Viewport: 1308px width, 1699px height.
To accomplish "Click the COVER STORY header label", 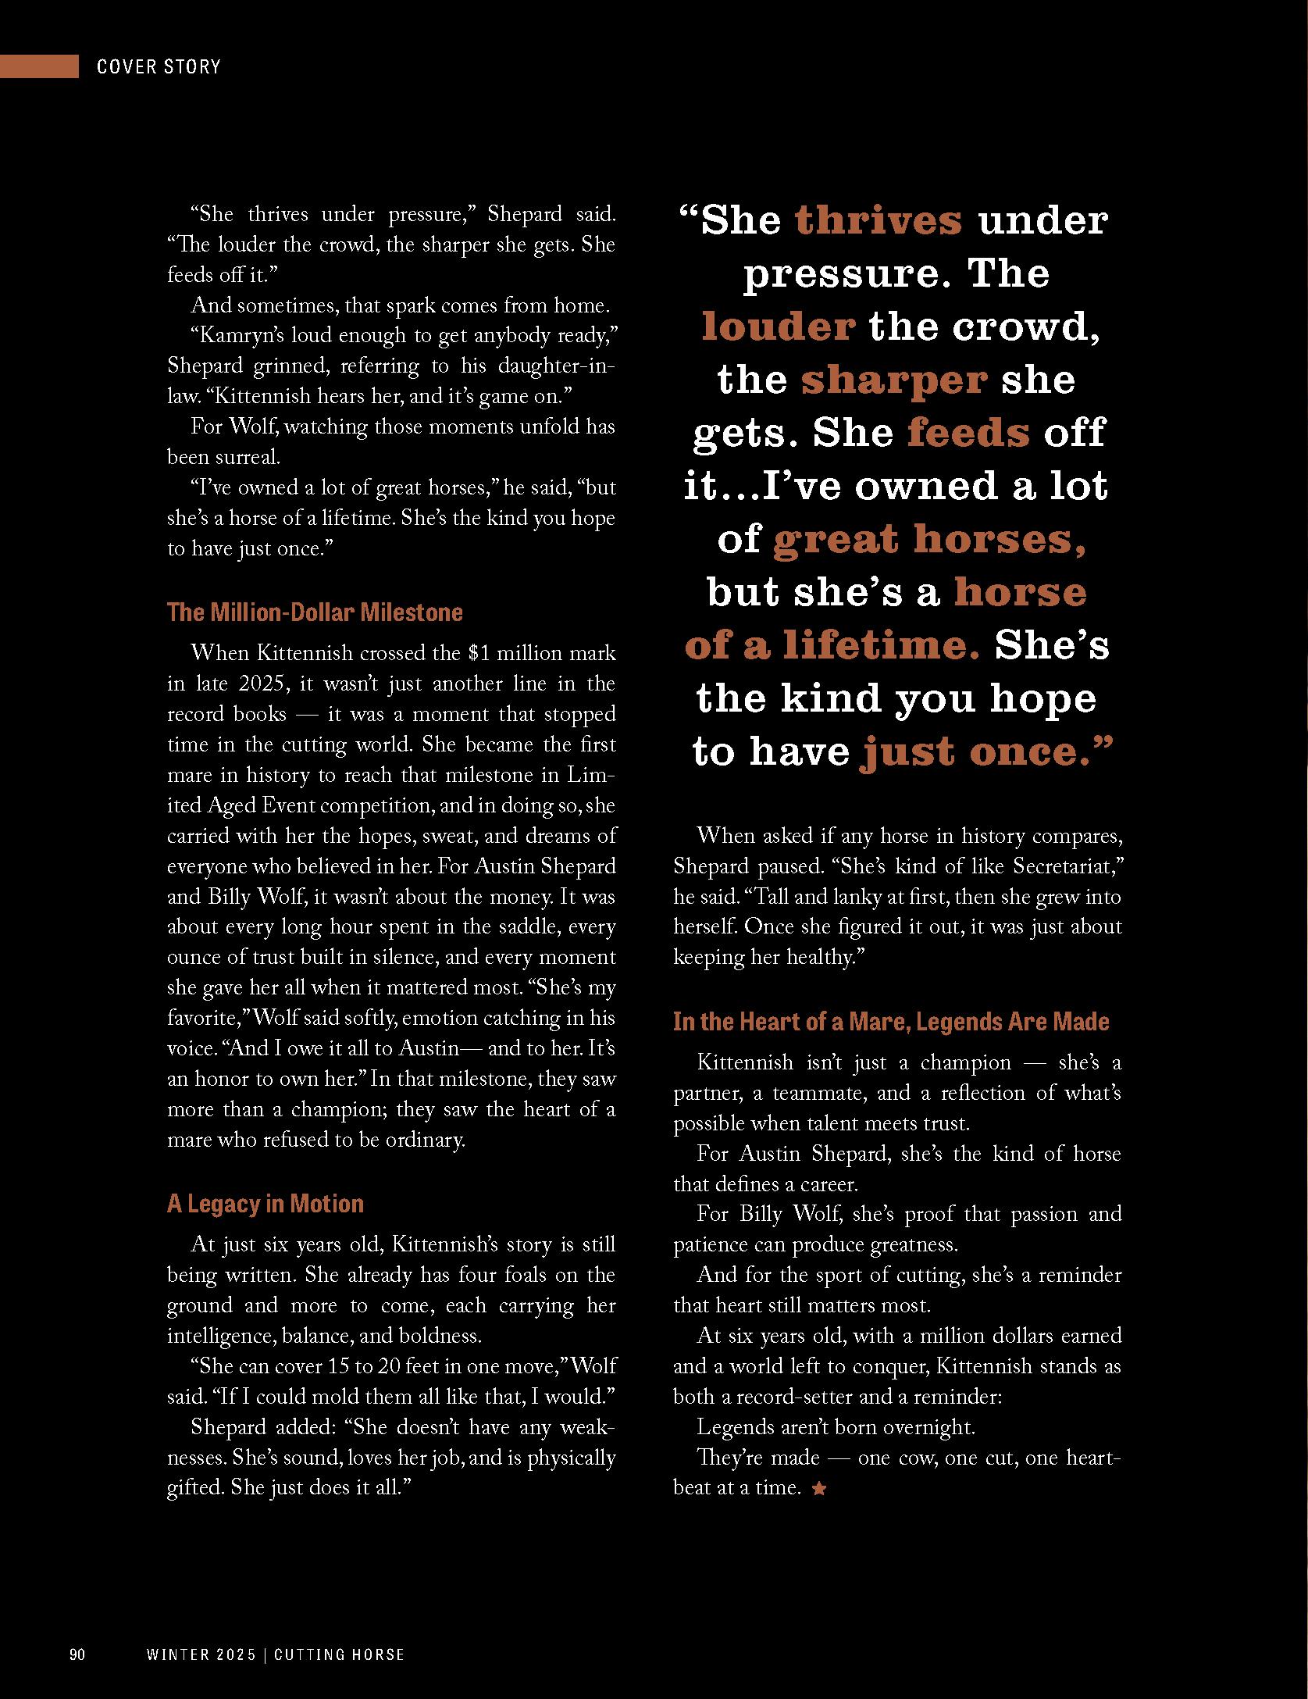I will click(159, 66).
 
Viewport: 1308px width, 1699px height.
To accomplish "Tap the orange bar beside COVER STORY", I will click(39, 66).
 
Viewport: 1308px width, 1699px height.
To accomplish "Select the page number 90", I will click(77, 1654).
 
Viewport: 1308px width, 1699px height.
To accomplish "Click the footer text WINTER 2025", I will click(201, 1654).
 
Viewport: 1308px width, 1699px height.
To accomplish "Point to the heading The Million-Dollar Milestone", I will click(315, 612).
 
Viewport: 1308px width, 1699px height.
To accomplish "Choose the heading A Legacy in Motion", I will click(266, 1204).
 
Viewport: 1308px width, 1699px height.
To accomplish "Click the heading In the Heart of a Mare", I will click(891, 1021).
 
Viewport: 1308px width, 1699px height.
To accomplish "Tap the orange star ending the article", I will click(818, 1489).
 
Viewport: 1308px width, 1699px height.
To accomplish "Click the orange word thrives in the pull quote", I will click(879, 220).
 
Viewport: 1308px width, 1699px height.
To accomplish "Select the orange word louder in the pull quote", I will click(778, 326).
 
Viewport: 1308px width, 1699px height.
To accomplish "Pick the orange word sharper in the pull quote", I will click(894, 380).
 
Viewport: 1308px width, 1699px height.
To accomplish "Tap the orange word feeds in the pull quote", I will click(968, 432).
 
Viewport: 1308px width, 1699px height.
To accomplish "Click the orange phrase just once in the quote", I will click(985, 751).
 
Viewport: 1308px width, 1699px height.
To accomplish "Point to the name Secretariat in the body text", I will click(1067, 866).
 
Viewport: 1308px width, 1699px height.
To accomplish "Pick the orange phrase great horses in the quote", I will click(929, 539).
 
